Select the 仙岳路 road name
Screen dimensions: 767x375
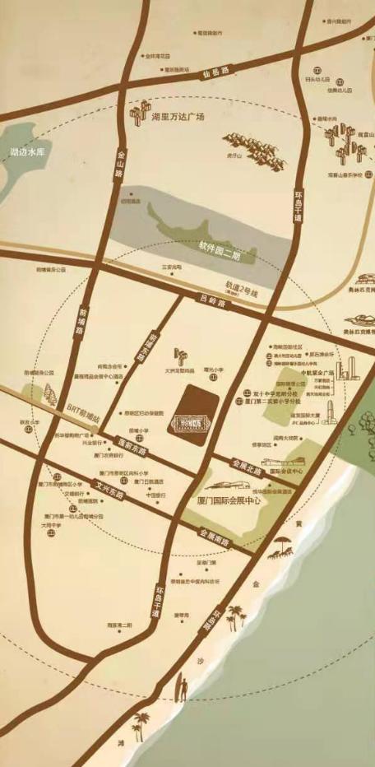pos(213,75)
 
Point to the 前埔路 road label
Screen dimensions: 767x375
pos(81,320)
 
